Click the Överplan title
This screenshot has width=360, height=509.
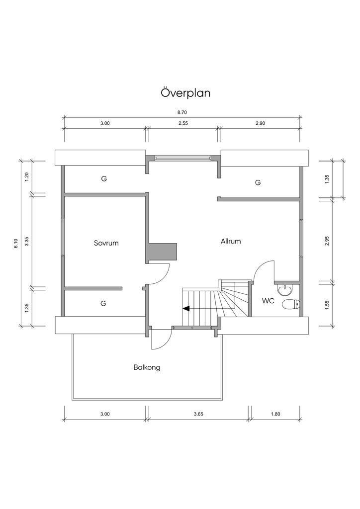[x=185, y=93]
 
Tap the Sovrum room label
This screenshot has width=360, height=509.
[x=106, y=243]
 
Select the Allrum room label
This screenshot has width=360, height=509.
[x=231, y=241]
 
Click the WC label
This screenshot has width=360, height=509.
[x=268, y=301]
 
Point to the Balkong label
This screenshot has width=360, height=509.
[x=147, y=367]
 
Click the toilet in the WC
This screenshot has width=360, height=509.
[x=291, y=305]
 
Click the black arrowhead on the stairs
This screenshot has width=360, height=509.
[x=186, y=309]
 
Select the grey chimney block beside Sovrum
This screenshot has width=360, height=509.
[x=163, y=251]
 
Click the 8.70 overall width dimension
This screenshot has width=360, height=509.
[x=182, y=112]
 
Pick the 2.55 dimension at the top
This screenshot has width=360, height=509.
[x=183, y=123]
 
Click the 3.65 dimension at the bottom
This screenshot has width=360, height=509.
[x=198, y=414]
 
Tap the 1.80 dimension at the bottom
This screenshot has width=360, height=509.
[x=275, y=414]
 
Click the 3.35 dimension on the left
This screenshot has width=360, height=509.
[x=27, y=241]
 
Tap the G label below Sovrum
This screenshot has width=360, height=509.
[x=103, y=304]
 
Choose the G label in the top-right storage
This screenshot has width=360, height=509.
[x=258, y=182]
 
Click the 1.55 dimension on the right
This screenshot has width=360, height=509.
[x=327, y=305]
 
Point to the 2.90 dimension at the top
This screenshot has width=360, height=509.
[x=261, y=123]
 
